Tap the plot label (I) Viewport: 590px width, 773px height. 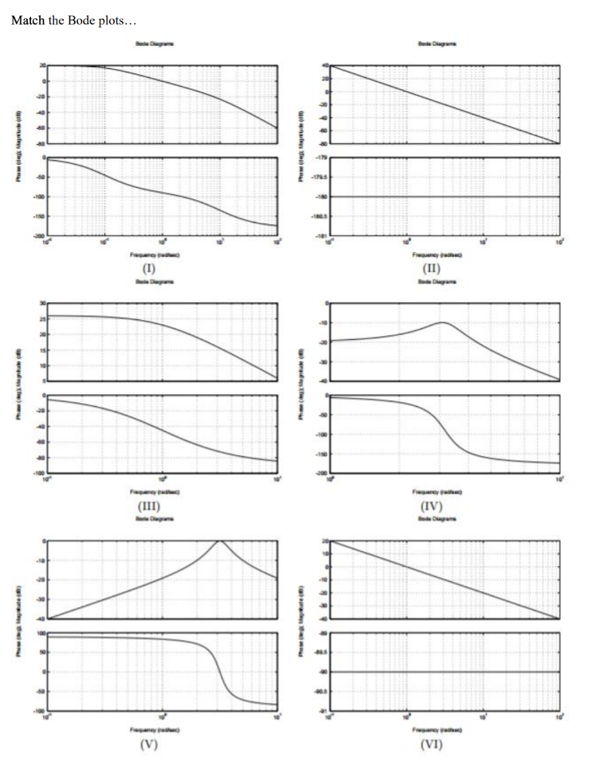coord(161,268)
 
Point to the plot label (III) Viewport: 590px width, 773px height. coord(161,506)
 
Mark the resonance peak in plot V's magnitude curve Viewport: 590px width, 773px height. coord(220,540)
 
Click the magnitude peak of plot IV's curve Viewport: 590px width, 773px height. coord(443,322)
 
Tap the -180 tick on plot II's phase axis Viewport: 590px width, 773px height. coord(322,197)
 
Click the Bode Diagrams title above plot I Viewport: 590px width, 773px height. coord(161,45)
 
